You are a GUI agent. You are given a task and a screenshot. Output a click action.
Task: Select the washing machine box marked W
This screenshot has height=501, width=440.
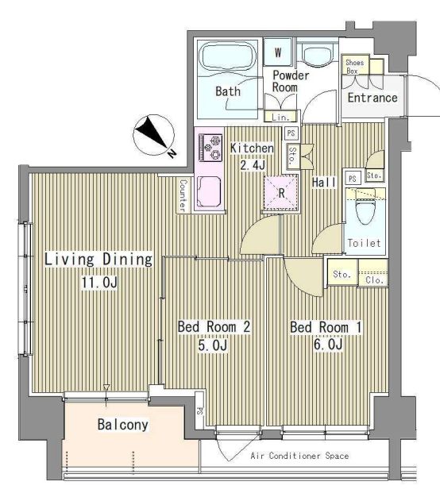(278, 52)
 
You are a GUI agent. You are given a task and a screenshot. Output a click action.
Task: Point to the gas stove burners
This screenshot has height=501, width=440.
(210, 148)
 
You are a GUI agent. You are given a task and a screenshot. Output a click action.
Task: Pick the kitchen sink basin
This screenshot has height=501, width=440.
(209, 191)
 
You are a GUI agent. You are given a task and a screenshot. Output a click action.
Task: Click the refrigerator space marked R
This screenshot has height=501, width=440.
(281, 193)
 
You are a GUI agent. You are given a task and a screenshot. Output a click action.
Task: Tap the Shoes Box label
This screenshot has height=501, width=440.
(354, 67)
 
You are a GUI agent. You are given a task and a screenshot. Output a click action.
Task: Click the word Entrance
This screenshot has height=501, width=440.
(372, 98)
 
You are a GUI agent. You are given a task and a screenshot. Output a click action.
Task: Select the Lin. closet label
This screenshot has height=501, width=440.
(280, 118)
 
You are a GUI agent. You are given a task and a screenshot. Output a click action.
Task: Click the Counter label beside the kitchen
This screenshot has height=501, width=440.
(183, 195)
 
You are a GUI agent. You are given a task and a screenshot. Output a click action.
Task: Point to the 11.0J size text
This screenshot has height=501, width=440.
(100, 283)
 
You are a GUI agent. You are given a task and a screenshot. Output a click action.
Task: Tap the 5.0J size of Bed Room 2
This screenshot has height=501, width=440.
(213, 345)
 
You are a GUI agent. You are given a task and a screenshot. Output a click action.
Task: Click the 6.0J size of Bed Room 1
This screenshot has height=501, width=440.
(328, 345)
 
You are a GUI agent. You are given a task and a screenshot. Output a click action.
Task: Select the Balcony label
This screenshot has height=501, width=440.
(122, 425)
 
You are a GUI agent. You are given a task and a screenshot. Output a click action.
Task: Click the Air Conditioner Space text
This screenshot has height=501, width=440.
(299, 456)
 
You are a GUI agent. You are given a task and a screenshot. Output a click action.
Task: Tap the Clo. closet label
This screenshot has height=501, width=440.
(375, 280)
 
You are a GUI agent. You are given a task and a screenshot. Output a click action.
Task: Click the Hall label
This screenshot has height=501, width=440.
(324, 183)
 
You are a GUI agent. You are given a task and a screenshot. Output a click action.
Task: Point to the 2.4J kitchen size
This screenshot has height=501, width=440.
(253, 165)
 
